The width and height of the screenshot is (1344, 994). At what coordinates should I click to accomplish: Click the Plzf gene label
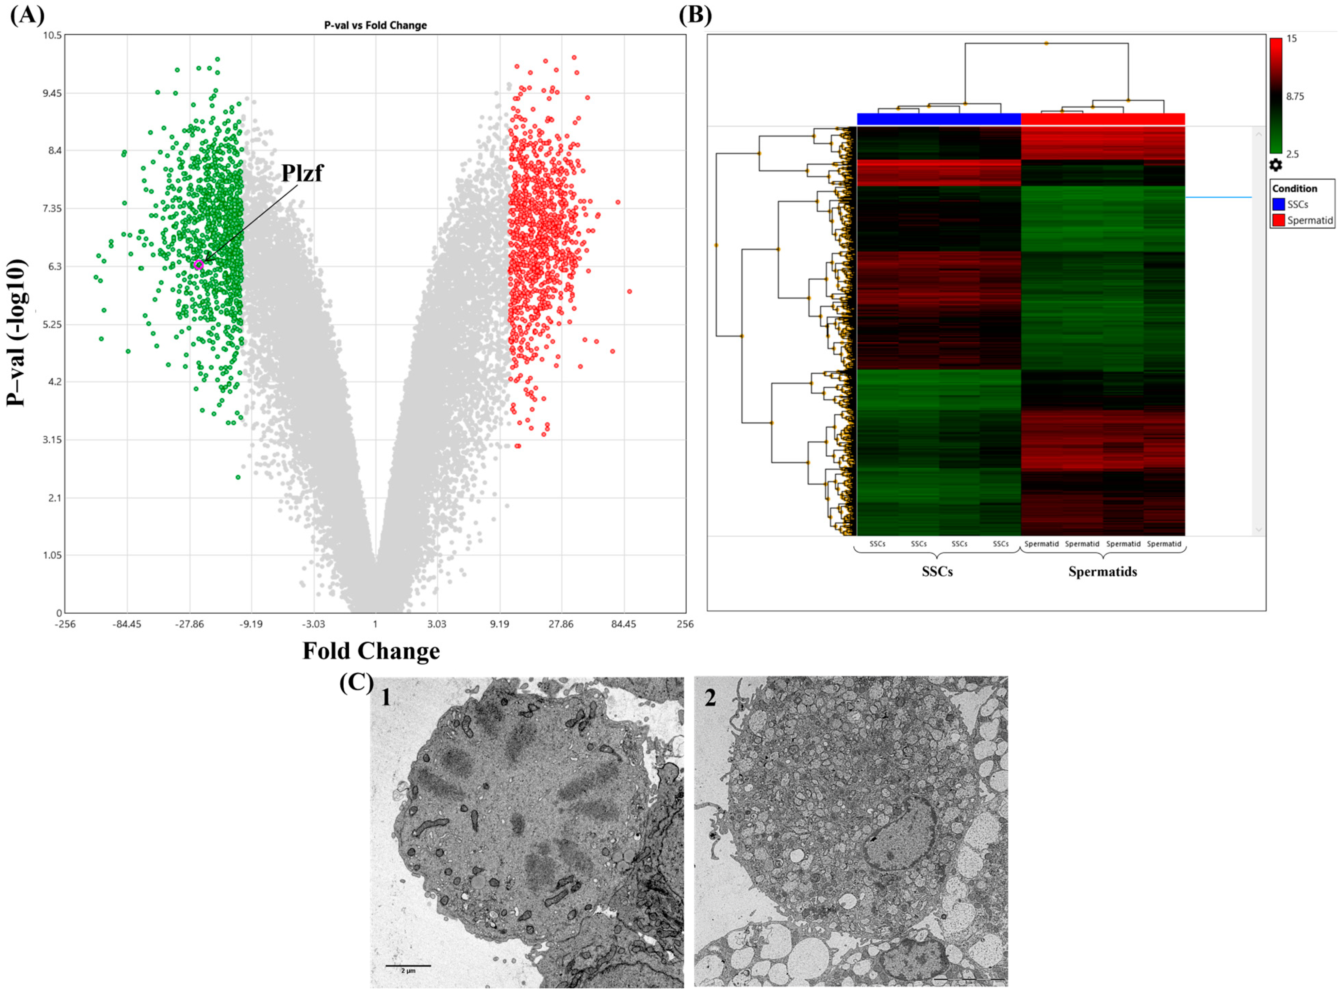point(302,173)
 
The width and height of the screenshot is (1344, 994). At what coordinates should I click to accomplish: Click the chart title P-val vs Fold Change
point(375,25)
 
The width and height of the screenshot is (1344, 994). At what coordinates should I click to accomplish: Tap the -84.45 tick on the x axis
point(126,624)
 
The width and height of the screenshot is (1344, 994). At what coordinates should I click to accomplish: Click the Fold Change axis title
point(371,651)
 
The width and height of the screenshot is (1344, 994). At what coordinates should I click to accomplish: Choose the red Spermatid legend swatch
point(1278,220)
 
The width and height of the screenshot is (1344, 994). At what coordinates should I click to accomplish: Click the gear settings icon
point(1275,165)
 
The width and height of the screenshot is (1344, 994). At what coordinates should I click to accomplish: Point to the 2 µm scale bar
point(408,965)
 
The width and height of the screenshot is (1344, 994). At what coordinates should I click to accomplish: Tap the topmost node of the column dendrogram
point(1046,43)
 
